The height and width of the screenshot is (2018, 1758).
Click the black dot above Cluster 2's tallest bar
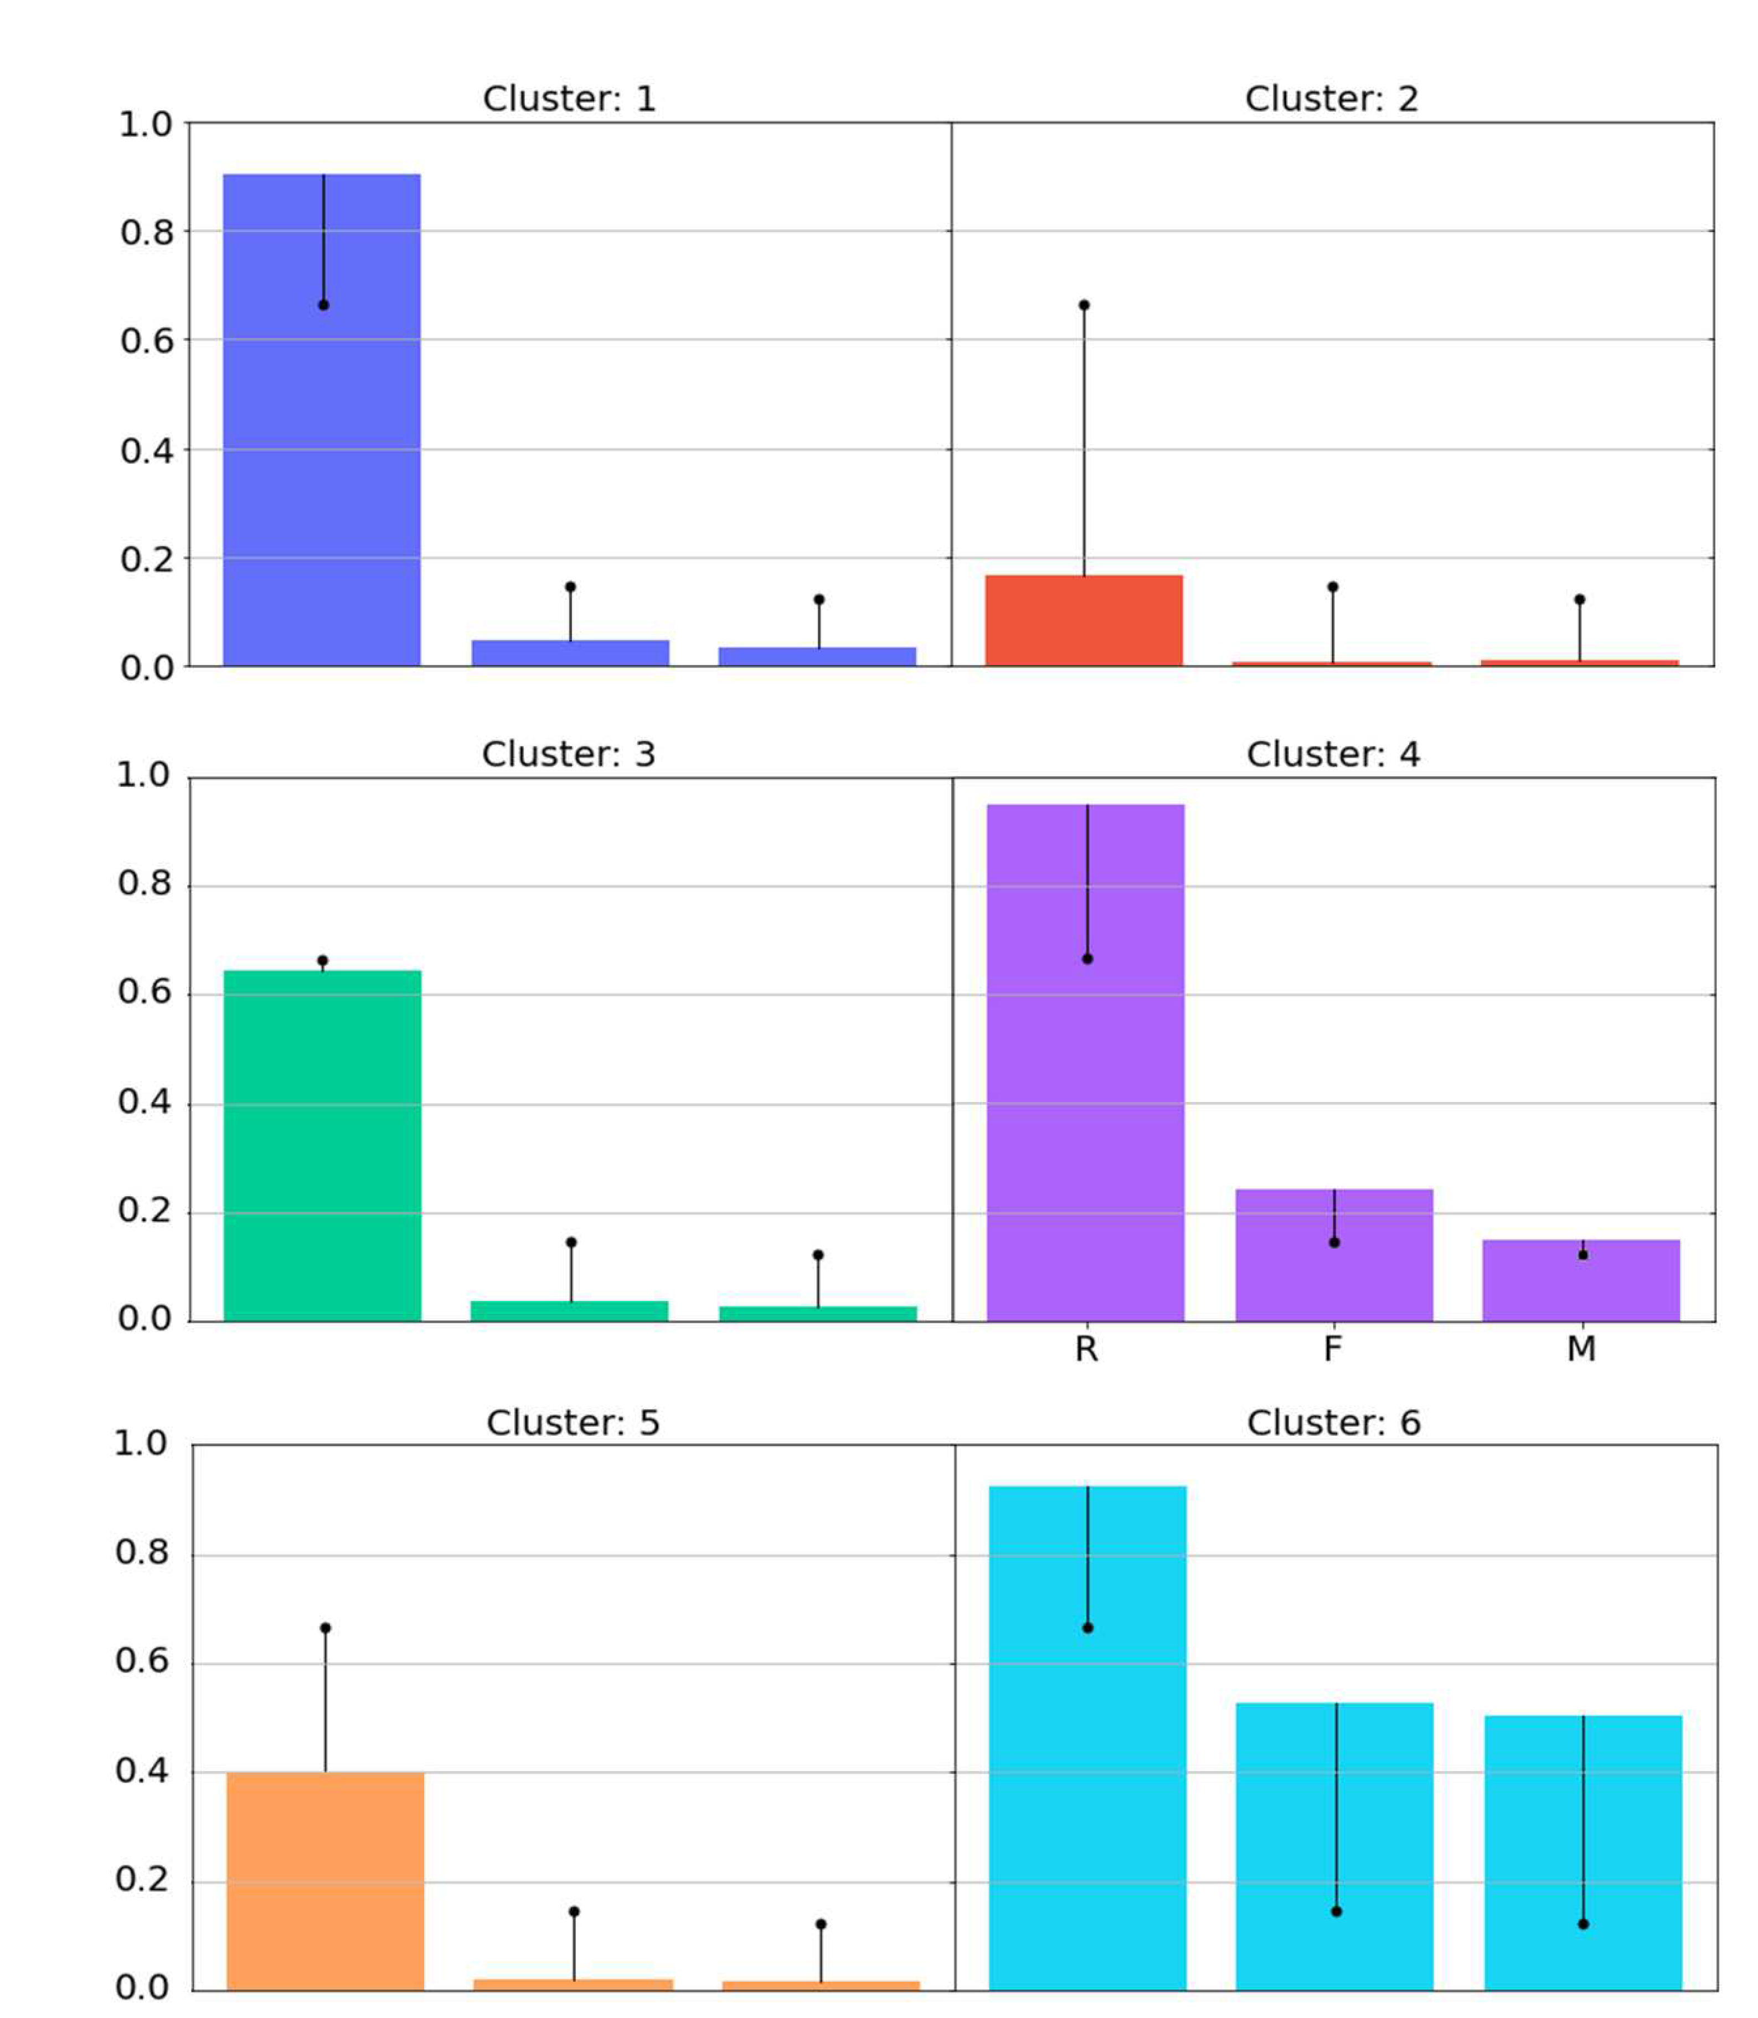(x=1084, y=305)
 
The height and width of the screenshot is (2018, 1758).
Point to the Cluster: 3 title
(x=568, y=754)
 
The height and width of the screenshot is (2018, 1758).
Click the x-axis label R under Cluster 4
(x=1086, y=1350)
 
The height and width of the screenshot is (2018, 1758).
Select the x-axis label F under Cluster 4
(x=1332, y=1350)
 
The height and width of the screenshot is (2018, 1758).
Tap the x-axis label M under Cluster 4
(x=1580, y=1350)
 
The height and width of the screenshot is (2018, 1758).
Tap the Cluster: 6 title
(x=1333, y=1423)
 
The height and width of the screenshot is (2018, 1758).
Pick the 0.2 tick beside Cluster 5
(x=142, y=1880)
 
